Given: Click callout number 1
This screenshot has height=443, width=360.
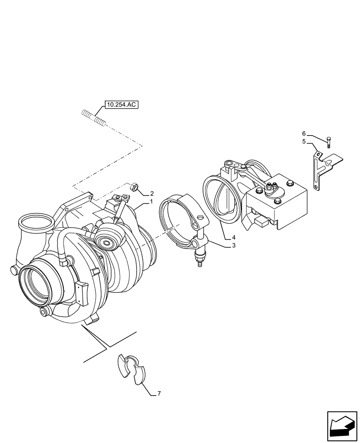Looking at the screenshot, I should (x=151, y=202).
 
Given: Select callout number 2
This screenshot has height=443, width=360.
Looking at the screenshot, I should (x=152, y=194).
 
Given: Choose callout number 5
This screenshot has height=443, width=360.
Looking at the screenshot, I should (x=304, y=142).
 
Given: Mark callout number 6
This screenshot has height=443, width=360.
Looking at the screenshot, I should (x=304, y=133).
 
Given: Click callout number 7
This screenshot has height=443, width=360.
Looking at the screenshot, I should (x=159, y=393).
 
